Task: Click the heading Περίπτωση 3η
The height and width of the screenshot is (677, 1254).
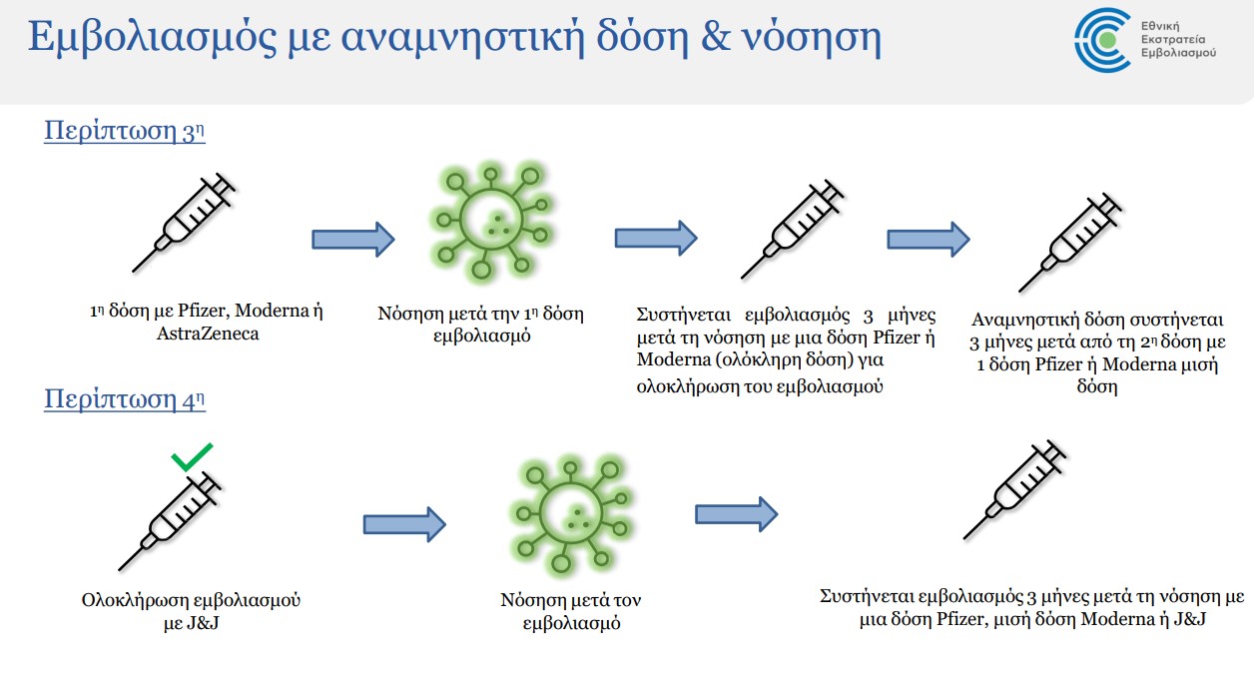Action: (x=125, y=132)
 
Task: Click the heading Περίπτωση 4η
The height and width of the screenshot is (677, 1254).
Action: (x=125, y=399)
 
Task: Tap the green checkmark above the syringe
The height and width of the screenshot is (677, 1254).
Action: (x=191, y=459)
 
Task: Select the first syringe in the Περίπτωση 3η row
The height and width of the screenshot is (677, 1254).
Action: (x=184, y=221)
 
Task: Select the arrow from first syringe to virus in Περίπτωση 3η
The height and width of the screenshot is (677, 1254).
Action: (x=353, y=239)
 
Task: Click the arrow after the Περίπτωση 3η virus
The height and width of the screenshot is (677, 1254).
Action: (x=655, y=238)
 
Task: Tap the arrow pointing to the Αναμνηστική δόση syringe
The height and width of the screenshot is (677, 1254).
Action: (x=929, y=239)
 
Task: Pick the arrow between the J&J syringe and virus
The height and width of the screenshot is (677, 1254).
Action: (x=403, y=524)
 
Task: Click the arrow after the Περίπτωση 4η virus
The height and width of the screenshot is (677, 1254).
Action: (x=736, y=513)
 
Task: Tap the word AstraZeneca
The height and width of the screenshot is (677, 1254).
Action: (x=208, y=335)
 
